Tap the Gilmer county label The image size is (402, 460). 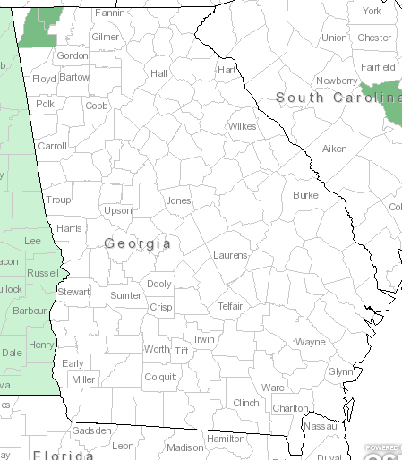point(105,37)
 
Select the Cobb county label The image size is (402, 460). point(97,106)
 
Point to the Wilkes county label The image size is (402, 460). point(242,126)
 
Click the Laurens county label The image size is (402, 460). point(230,255)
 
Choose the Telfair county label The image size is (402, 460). point(231,306)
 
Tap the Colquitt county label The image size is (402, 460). point(160,377)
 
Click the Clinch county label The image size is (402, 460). point(245,403)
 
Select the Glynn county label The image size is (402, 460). point(340,371)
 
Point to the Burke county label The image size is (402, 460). point(305,194)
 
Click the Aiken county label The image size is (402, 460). point(334,149)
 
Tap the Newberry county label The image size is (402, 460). point(337,81)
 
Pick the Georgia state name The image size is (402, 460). point(137,243)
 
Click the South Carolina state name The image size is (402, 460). point(337,97)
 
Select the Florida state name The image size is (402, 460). point(62,455)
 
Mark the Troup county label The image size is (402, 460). point(58,200)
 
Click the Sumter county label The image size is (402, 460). point(125,295)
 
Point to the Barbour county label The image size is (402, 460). point(30,311)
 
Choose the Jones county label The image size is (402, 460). point(178,200)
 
